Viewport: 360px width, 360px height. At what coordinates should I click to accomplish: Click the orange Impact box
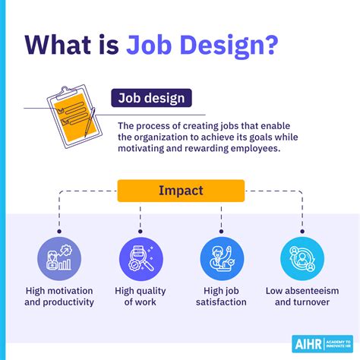point(181,191)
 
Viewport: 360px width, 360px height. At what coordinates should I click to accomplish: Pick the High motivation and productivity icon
point(58,258)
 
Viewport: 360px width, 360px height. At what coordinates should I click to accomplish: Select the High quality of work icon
point(141,258)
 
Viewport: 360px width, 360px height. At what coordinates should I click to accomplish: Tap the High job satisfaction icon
point(222,258)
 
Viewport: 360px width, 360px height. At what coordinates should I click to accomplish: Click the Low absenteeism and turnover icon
point(302,258)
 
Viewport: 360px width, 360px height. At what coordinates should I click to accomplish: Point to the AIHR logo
point(323,343)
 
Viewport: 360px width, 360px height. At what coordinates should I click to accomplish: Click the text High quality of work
point(141,296)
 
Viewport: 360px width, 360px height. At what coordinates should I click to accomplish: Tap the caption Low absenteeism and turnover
point(302,296)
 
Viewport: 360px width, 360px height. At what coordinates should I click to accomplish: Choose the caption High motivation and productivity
point(59,296)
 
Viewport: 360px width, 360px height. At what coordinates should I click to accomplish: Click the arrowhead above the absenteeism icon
point(302,229)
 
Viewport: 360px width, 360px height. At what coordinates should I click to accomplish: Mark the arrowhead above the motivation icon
point(58,229)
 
